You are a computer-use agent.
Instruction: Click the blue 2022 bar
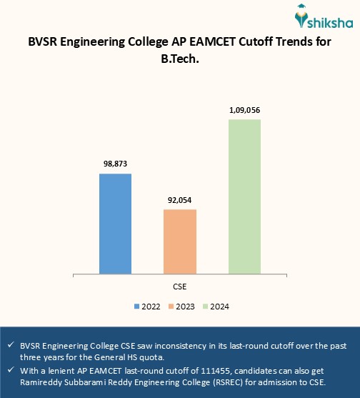click(x=115, y=223)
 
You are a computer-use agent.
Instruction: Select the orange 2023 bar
click(x=179, y=241)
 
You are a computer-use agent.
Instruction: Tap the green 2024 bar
click(x=244, y=196)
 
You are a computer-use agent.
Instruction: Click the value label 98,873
click(x=115, y=164)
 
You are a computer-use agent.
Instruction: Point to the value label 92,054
click(x=179, y=199)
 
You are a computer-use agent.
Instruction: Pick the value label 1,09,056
click(x=244, y=110)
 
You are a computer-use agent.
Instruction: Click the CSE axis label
click(x=180, y=286)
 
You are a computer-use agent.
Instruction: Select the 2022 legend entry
click(x=146, y=306)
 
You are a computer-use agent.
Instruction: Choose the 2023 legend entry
click(x=182, y=306)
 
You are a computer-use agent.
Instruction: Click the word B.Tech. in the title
click(x=180, y=61)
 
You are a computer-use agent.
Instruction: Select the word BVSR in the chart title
click(x=44, y=43)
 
